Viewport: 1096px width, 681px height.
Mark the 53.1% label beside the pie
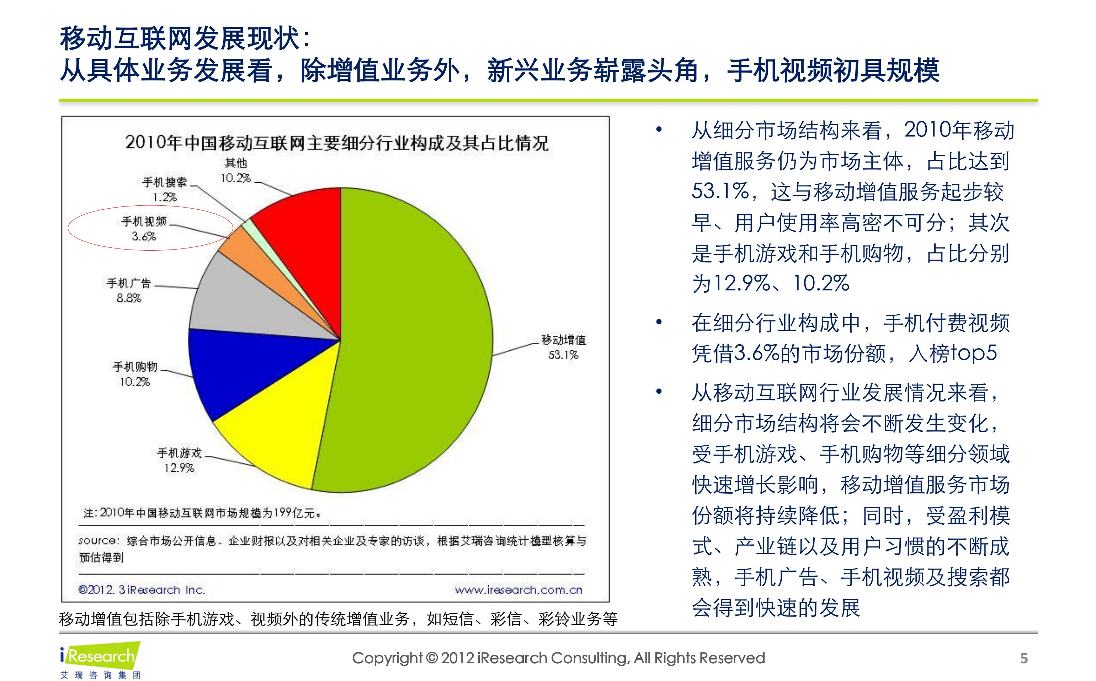[x=563, y=355]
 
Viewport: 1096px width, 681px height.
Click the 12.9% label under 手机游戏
[x=179, y=468]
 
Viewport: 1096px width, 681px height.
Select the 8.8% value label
[x=129, y=298]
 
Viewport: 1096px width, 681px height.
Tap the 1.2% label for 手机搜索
[x=165, y=197]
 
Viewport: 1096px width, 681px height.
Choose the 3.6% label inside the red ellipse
[x=144, y=236]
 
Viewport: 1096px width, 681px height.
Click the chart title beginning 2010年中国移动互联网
[x=336, y=143]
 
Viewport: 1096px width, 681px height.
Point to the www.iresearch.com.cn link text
[x=518, y=590]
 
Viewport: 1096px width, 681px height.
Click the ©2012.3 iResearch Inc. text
[x=142, y=590]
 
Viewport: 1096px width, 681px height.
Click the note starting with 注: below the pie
[x=202, y=513]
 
